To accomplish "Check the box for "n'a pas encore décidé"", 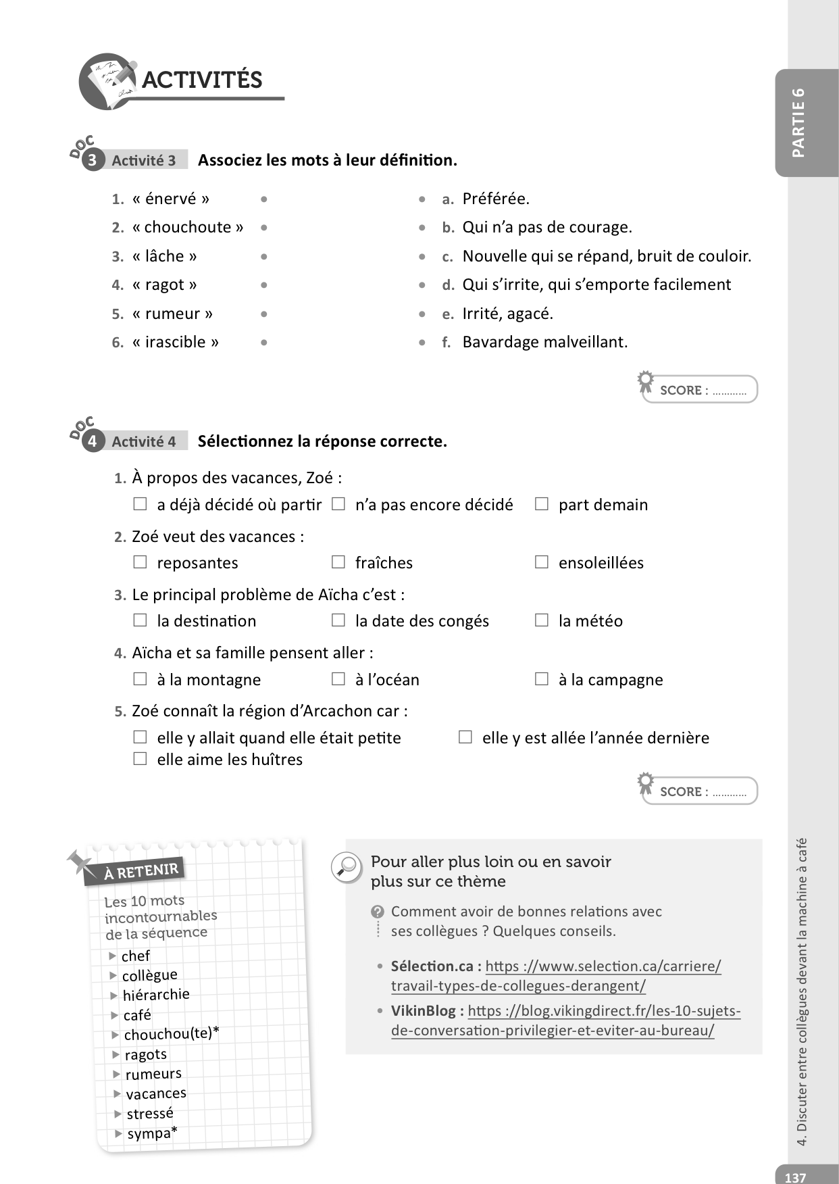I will pos(338,504).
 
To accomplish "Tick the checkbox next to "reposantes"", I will pos(140,562).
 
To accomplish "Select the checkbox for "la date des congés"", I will pos(338,620).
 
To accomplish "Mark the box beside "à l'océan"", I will pos(338,679).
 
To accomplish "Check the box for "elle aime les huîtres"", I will pos(140,759).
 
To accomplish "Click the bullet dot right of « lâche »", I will pos(263,257).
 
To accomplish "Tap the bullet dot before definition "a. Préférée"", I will pos(422,199).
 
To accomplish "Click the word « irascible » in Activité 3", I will pos(176,342).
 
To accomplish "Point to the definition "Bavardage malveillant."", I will pos(544,342).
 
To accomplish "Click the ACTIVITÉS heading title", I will pos(201,80).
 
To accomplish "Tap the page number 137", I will pos(795,1177).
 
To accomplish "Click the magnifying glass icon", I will pos(347,866).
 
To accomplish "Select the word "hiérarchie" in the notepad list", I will pos(156,995).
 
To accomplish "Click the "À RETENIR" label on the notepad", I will pos(141,871).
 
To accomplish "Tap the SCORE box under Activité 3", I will pos(701,390).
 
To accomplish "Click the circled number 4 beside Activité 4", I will pos(93,442).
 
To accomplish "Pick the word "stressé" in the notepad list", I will pos(150,1113).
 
